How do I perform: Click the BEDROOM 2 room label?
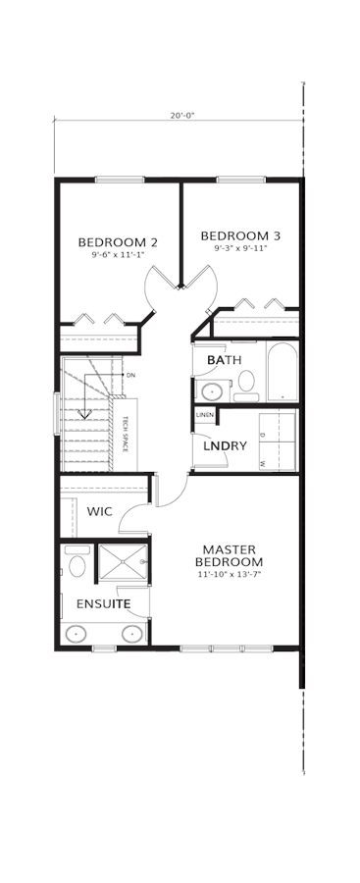117,242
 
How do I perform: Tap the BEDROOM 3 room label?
240,235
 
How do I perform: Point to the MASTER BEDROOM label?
229,555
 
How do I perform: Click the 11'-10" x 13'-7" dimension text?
230,574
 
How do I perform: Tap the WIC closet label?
99,512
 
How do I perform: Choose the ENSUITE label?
104,604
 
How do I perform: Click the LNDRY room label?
225,446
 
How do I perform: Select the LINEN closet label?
204,415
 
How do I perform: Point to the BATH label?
225,360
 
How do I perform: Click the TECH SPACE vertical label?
126,435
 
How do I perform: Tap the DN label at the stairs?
130,375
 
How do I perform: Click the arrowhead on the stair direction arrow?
84,414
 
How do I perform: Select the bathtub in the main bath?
282,371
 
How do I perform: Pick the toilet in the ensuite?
77,562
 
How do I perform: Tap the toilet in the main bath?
246,386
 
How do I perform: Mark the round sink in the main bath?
213,390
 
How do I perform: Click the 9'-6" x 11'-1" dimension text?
118,254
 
